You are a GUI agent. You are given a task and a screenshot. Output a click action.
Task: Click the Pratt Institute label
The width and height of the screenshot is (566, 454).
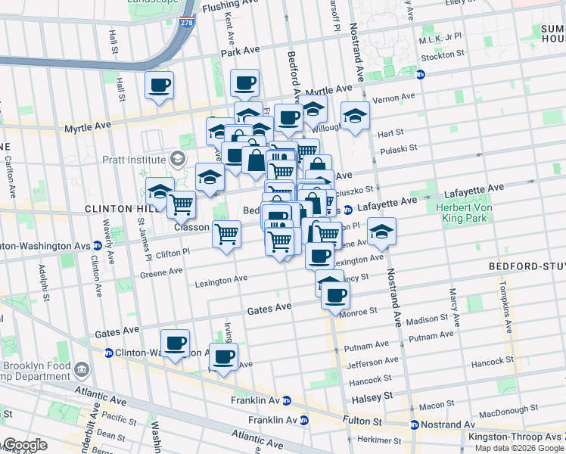[134, 160]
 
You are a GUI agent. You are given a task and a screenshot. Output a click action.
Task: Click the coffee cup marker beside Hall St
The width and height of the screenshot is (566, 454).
[159, 86]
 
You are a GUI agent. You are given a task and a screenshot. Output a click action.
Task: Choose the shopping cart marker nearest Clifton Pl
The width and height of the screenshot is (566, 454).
[226, 235]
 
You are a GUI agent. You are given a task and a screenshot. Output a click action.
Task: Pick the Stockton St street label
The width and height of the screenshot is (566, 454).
[443, 55]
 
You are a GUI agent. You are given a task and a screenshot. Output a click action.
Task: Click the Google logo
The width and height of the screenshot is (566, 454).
[25, 445]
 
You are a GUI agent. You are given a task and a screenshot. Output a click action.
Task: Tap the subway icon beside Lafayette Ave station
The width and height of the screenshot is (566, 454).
[347, 210]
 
